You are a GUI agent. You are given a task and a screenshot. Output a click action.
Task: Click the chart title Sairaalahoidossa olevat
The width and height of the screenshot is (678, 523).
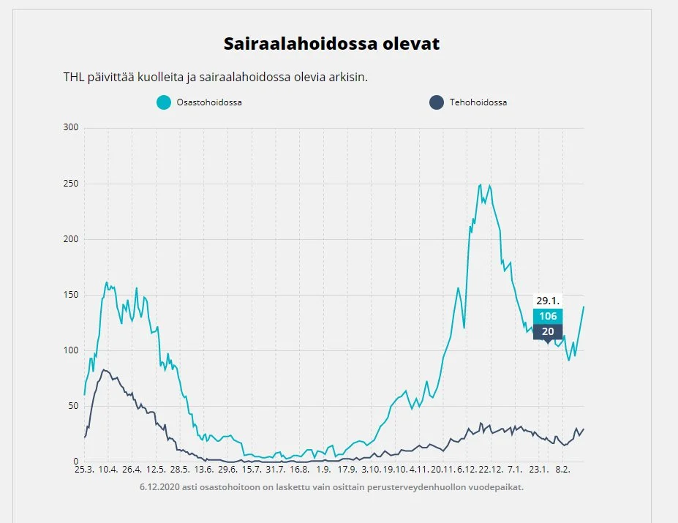click(x=331, y=43)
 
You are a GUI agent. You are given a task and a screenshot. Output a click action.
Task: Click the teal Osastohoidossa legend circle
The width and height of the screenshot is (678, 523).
click(x=164, y=102)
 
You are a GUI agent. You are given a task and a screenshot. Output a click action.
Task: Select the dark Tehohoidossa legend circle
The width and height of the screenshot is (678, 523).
click(x=436, y=102)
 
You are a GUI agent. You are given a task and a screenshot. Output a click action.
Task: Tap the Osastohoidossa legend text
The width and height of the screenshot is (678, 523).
click(x=209, y=102)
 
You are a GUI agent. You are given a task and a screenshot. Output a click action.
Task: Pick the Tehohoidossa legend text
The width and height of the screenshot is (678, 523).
click(x=478, y=102)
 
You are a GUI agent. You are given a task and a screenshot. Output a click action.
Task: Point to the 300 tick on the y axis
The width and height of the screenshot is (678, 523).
click(x=71, y=128)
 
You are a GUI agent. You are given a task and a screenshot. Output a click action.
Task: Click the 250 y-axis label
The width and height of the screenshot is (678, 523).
click(x=71, y=184)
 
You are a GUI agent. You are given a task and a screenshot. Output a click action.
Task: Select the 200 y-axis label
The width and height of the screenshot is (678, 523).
click(x=71, y=239)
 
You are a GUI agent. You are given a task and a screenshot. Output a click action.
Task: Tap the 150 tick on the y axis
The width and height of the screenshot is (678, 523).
click(x=71, y=295)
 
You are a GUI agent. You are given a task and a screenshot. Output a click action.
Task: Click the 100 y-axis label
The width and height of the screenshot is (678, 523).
click(x=71, y=350)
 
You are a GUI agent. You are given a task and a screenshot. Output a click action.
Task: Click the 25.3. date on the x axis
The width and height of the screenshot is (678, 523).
click(x=85, y=470)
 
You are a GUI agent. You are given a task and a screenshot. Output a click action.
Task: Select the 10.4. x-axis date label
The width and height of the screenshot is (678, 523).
click(x=108, y=470)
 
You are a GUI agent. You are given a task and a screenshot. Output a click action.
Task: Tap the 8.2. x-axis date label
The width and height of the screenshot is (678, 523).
click(x=563, y=470)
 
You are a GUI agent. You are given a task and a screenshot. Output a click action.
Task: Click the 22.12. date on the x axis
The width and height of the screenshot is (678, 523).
click(x=491, y=470)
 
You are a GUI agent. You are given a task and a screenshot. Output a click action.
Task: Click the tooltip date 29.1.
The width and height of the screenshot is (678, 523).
click(x=548, y=301)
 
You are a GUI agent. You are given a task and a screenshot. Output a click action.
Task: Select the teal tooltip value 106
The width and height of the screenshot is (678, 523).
click(x=548, y=316)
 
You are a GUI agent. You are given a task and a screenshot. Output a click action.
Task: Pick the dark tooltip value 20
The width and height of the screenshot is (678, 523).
click(x=548, y=331)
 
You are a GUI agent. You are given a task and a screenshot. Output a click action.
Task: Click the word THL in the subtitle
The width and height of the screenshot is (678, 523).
click(x=74, y=77)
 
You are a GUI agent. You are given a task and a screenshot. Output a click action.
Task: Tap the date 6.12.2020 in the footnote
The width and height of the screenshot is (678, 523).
click(x=159, y=486)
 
